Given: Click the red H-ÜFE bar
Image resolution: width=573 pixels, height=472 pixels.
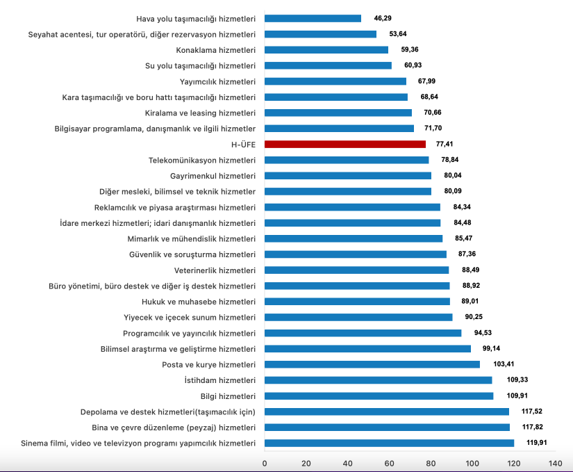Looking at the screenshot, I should pos(345,144).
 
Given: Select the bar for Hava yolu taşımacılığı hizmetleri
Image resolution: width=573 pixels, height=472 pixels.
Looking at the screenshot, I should pos(313,18).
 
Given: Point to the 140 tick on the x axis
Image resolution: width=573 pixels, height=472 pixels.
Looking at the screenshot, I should pos(555,463).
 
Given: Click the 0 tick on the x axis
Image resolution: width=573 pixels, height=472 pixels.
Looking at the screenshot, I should pos(265,463).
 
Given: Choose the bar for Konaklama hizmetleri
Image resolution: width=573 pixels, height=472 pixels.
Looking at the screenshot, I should pos(326,50).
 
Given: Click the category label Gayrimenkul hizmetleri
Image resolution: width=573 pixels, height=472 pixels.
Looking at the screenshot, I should pos(213,176).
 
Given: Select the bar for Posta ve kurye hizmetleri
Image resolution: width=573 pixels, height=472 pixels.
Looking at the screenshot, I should pos(372,364).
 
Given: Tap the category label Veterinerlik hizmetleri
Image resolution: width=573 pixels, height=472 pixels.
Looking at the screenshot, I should pos(215,270).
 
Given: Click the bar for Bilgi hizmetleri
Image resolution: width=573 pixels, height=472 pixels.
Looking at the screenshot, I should pos(379,396).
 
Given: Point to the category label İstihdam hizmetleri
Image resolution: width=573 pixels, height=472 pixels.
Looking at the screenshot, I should pos(220,380).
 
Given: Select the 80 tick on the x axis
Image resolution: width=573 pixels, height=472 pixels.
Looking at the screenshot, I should pos(431,463).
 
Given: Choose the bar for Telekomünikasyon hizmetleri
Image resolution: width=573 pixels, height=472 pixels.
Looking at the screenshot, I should pos(347,160).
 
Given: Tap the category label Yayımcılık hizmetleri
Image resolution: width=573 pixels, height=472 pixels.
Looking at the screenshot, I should pos(217,81).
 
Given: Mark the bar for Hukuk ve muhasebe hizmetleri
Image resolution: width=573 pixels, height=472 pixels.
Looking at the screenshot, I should pos(358,301).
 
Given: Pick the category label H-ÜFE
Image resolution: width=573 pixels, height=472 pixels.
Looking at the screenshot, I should pos(244,144).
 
